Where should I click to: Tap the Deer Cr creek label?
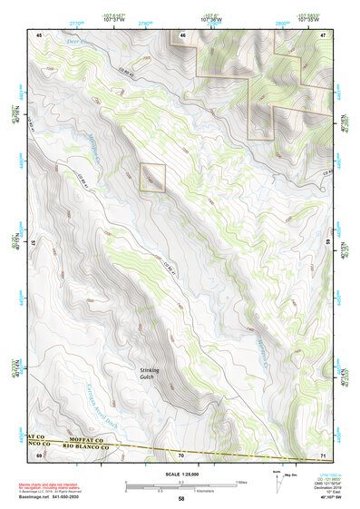[x=61, y=41]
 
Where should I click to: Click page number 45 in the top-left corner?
[x=39, y=34]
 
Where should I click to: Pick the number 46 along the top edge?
[x=181, y=34]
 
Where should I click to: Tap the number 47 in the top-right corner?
[x=323, y=34]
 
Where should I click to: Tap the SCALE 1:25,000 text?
[x=180, y=475]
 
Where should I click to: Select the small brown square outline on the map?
[x=152, y=177]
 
